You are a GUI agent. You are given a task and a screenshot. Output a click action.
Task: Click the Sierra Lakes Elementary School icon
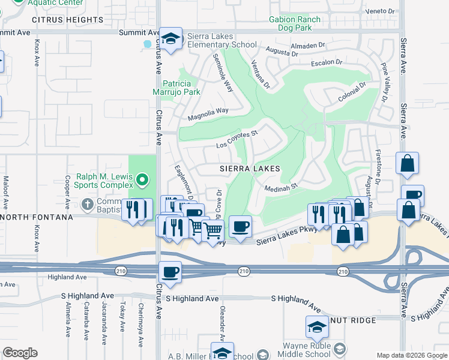pos(172,39)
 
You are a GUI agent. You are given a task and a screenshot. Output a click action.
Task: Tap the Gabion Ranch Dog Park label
pos(295,23)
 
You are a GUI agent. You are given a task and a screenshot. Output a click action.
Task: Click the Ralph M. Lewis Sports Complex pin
pos(142,179)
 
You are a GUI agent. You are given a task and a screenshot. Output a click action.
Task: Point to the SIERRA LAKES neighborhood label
pos(249,169)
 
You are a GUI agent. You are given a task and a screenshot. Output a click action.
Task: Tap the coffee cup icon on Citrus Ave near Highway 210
pos(170,272)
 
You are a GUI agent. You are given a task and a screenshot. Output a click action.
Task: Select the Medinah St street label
pos(282,188)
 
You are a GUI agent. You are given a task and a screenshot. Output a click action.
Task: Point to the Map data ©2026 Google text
pos(411,355)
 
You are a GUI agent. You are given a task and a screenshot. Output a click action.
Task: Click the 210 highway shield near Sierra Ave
pos(342,272)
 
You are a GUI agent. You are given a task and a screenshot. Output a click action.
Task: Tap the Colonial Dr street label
pos(352,91)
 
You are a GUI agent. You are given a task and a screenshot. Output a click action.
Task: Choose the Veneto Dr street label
pos(382,11)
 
